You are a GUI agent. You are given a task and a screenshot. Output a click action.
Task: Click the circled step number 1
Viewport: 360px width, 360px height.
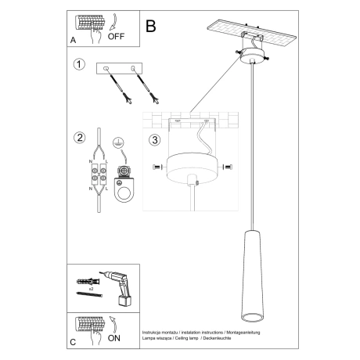(x=78, y=65)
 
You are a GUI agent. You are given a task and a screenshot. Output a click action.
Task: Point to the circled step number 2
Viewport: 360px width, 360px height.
(x=78, y=139)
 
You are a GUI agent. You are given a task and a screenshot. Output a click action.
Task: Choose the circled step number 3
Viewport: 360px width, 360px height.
(x=153, y=142)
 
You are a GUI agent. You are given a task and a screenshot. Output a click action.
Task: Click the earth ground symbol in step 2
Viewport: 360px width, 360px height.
(x=118, y=142)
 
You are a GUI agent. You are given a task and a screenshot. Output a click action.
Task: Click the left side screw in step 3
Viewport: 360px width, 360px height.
(x=155, y=167)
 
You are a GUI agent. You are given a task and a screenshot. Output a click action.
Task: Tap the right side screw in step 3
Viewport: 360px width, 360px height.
(x=228, y=167)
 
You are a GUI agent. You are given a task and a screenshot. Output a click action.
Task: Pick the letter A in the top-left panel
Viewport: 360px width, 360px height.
(x=73, y=37)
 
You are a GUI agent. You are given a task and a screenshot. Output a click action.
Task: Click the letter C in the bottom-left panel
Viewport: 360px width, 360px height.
(x=73, y=343)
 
